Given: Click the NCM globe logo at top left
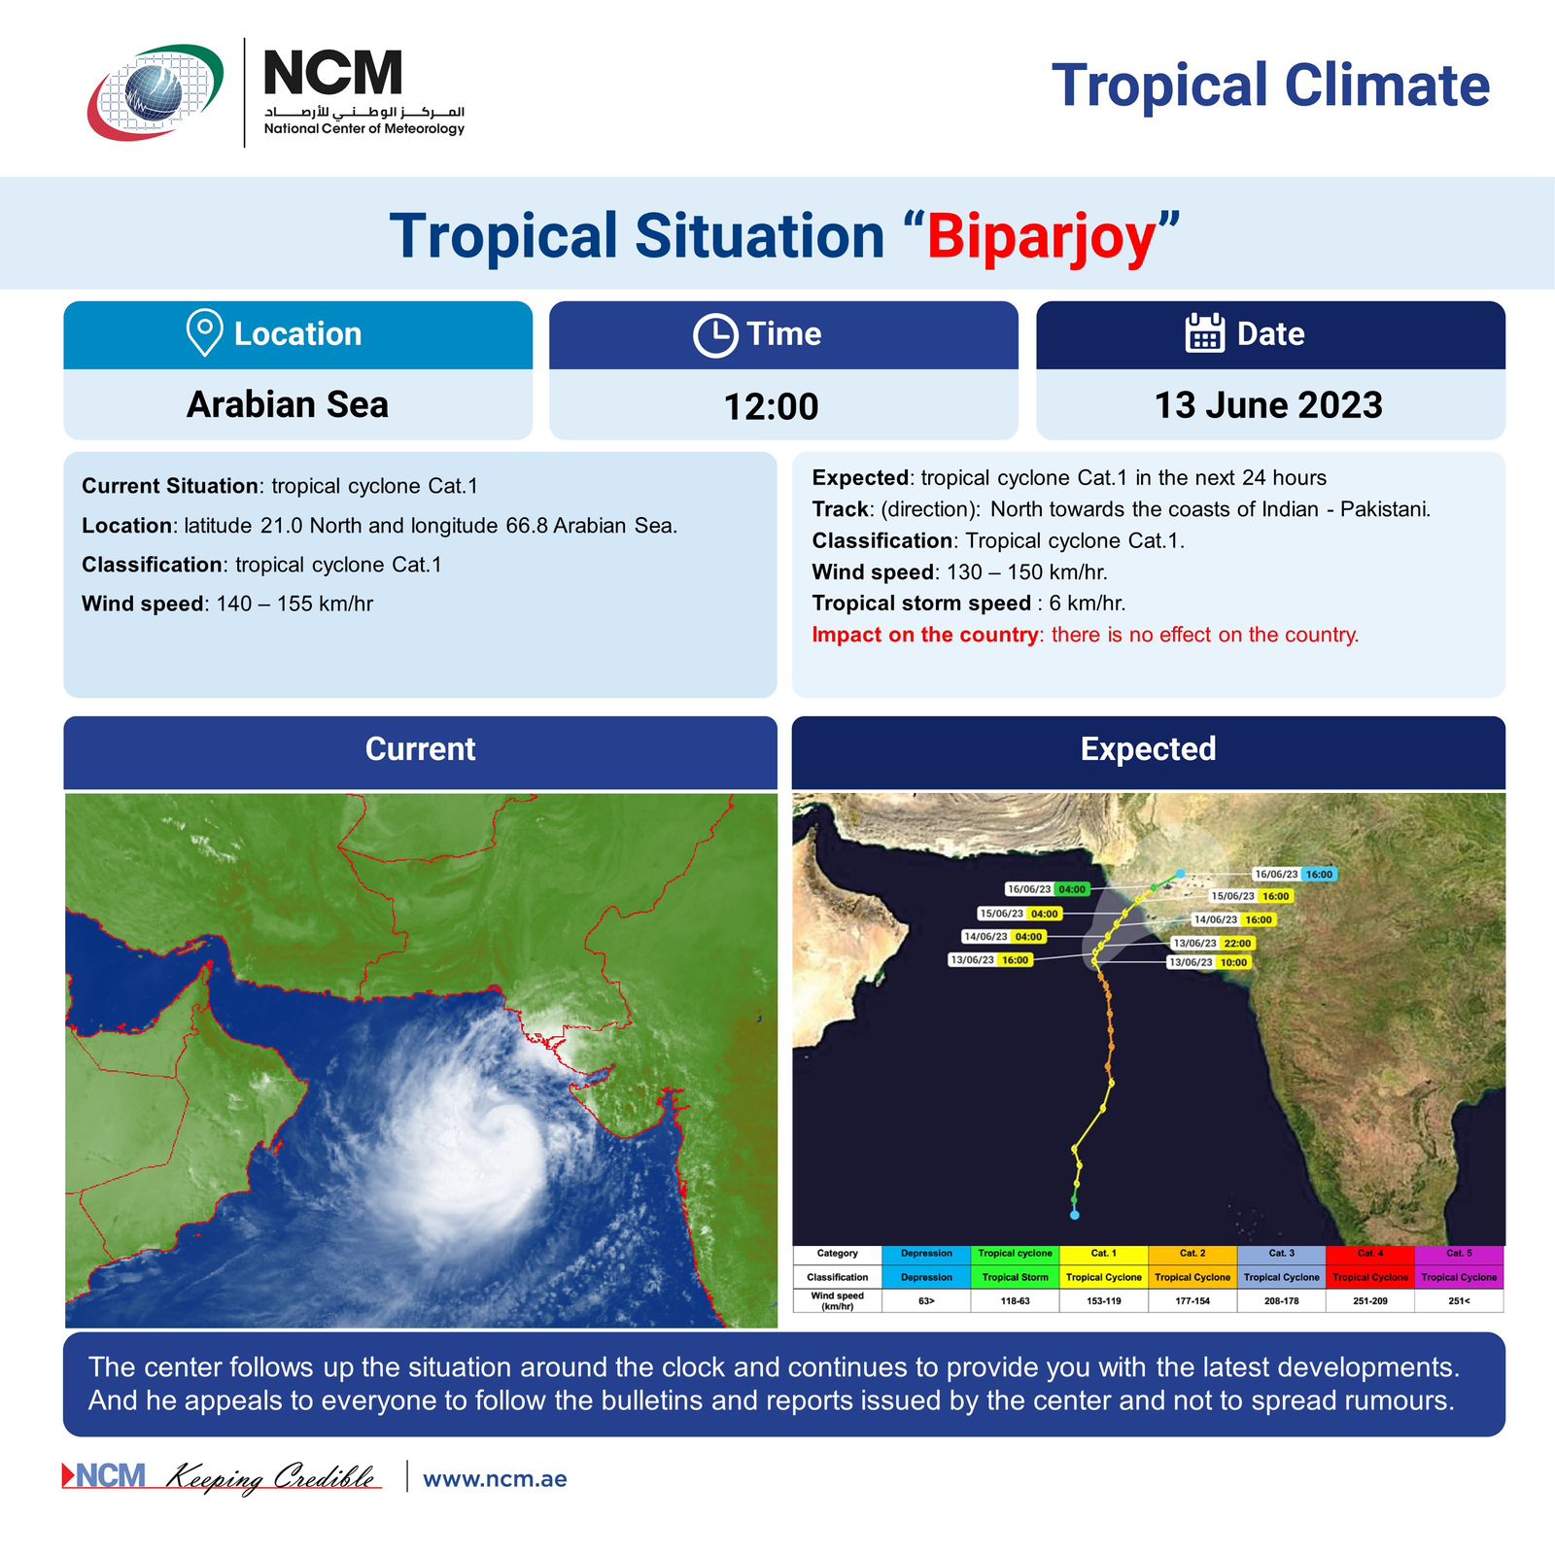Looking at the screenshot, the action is pos(156,91).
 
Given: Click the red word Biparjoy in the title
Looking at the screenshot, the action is pos(1042,237).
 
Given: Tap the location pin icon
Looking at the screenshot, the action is pos(204,333).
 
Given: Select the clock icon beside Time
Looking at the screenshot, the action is pos(715,335).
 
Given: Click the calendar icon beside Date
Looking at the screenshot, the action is pos(1205,332).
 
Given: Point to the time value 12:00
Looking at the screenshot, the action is pos(772,406).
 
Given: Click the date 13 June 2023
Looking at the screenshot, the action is pos(1268,405).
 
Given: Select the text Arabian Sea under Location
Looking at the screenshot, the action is pos(288,404).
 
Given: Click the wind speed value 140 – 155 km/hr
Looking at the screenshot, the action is pos(294,604).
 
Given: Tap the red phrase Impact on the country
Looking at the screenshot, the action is pos(925,635).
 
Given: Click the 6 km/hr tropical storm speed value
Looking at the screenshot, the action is pos(1088,604).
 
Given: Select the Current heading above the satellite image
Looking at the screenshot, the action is pos(421,749).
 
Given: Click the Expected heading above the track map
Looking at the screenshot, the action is pos(1149,749).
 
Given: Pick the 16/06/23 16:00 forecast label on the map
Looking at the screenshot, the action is pos(1294,875).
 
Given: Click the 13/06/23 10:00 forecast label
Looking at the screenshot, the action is pos(1208,962).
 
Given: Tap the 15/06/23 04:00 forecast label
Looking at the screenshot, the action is pos(1019,914).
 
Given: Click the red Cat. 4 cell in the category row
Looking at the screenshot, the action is pos(1370,1254).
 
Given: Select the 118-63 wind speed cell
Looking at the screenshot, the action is pos(1015,1300).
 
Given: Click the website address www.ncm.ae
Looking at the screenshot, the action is pos(495,1479).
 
